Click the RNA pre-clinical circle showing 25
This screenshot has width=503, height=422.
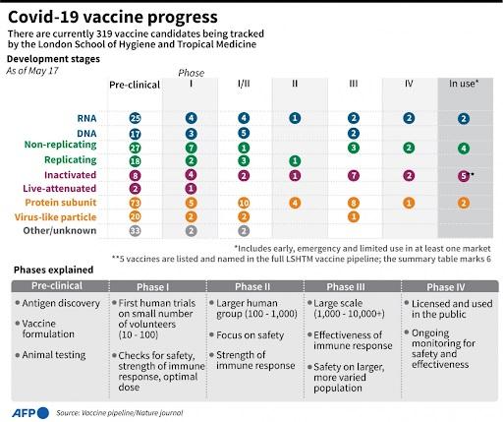coord(135,118)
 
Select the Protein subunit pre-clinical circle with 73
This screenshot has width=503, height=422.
coord(135,203)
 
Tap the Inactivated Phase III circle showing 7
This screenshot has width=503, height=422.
coord(354,176)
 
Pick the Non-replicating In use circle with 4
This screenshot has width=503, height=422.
coord(464,149)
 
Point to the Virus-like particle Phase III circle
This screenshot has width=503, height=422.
coord(354,216)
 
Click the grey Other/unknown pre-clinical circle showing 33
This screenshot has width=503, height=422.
coord(135,231)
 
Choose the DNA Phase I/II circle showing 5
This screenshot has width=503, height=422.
coord(244,133)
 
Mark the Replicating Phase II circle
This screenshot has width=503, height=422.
coord(295,160)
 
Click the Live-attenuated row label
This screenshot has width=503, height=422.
coord(60,189)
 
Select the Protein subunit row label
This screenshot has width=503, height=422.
coord(61,203)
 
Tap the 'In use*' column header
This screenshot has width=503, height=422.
coord(464,84)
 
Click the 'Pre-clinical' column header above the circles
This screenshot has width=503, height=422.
coord(135,85)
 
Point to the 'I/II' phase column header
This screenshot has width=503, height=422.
coord(244,84)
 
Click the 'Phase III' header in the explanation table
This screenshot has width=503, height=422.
coord(346,287)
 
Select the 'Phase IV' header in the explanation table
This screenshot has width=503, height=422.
coord(446,287)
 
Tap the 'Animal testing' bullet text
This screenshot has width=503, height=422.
coord(54,355)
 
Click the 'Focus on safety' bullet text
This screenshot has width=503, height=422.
coord(250,335)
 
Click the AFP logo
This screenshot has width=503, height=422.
coord(30,413)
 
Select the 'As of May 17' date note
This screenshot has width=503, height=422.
coord(32,71)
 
